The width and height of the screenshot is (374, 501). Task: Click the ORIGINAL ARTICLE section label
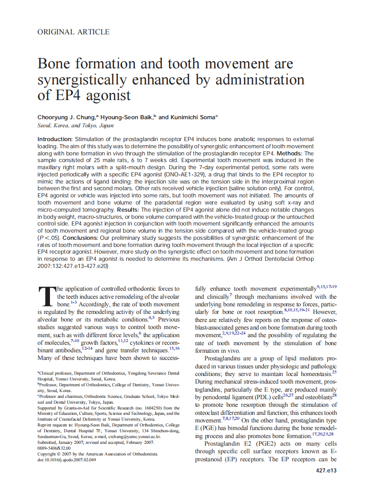click(73, 32)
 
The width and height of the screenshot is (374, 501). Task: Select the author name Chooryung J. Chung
click(66, 117)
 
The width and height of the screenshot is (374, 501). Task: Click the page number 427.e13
click(325, 471)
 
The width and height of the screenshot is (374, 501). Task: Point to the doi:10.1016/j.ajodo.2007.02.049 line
click(66, 459)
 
